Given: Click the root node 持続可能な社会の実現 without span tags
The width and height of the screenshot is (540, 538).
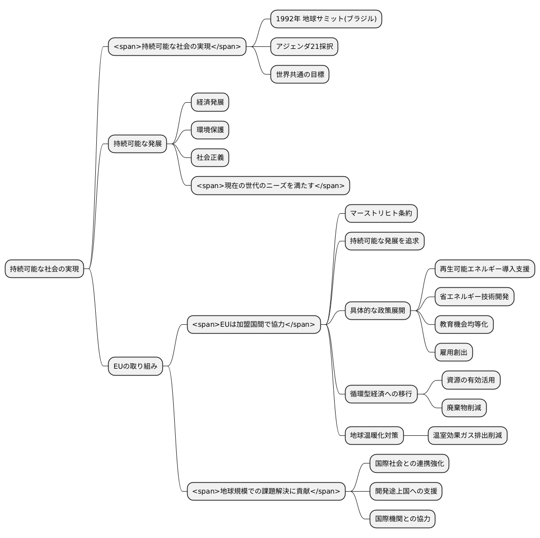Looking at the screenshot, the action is [44, 269].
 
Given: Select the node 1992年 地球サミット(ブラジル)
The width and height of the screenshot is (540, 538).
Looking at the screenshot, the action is [326, 19].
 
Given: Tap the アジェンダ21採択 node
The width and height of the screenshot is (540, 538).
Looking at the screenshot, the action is [304, 46].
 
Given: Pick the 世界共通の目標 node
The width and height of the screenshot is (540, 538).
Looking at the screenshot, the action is [300, 75].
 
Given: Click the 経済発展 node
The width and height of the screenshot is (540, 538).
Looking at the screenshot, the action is [210, 102].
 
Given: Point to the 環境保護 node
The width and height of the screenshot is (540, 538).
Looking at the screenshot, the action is [210, 130].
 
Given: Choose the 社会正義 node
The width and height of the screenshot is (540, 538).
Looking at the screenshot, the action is [210, 158].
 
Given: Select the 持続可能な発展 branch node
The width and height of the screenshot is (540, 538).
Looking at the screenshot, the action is [137, 144].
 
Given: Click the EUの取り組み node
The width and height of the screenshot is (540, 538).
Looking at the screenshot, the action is [135, 366].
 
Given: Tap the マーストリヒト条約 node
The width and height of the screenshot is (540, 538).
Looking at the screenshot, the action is [381, 213].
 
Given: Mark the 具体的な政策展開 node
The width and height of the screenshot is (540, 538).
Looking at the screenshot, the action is [378, 310].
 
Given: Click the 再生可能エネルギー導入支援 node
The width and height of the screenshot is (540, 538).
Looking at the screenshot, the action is [485, 269].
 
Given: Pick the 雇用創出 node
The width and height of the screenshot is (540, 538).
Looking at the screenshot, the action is [454, 352].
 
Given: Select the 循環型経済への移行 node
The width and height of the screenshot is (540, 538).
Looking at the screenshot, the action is [381, 394].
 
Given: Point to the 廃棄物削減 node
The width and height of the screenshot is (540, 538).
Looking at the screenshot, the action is [464, 408].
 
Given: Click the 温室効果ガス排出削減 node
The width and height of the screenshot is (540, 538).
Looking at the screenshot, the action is [467, 436].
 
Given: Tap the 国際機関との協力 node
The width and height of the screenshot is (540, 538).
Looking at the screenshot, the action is [402, 519].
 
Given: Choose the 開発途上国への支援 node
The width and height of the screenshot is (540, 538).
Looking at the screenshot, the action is [406, 491].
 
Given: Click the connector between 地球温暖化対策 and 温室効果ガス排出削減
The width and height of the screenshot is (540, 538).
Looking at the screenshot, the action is [416, 436].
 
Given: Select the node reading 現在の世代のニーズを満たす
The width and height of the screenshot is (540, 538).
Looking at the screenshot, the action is [270, 186].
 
